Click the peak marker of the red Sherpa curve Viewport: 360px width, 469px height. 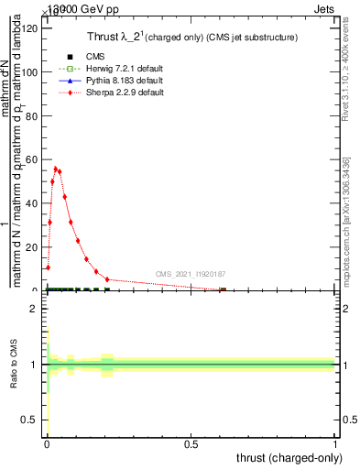click(x=55, y=169)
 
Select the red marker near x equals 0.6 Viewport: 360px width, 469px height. click(x=222, y=290)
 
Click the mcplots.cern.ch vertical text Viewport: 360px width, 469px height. click(x=346, y=220)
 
